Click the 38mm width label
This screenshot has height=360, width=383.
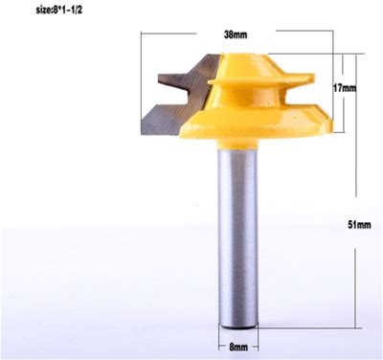pyautogui.click(x=236, y=34)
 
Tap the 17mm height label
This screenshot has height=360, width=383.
pyautogui.click(x=345, y=88)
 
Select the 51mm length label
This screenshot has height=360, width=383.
pyautogui.click(x=359, y=225)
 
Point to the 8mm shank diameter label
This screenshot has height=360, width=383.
pyautogui.click(x=238, y=348)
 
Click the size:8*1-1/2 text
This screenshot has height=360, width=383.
pyautogui.click(x=58, y=11)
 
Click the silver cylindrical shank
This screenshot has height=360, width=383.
pyautogui.click(x=238, y=238)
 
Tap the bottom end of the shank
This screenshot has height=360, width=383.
pyautogui.click(x=238, y=326)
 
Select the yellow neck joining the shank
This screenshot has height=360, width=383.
pyautogui.click(x=238, y=144)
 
